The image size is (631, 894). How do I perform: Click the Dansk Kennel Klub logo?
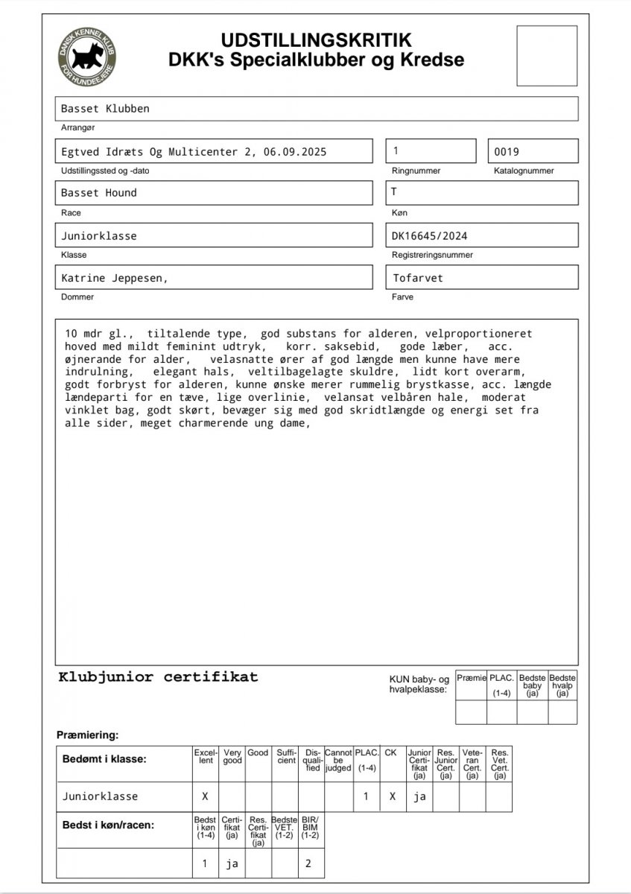point(88,55)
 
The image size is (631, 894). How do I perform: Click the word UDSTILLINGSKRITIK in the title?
point(316,40)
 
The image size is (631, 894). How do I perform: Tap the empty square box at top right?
point(547,55)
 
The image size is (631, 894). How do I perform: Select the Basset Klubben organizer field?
point(317,109)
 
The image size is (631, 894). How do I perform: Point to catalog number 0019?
point(507,151)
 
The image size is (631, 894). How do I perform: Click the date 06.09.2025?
point(292,151)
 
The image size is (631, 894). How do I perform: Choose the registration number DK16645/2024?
point(430,235)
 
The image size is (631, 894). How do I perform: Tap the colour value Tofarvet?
point(417,278)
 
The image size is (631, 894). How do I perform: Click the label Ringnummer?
point(416,171)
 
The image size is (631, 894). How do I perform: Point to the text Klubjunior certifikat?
point(158,677)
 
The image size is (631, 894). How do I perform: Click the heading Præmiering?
point(88,735)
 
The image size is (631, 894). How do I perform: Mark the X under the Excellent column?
point(205,796)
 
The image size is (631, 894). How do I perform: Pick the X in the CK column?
point(392,796)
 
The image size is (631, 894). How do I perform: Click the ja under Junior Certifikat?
point(419,796)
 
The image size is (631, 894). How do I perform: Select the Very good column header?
point(232,757)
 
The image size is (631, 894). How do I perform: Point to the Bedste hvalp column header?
point(562,685)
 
